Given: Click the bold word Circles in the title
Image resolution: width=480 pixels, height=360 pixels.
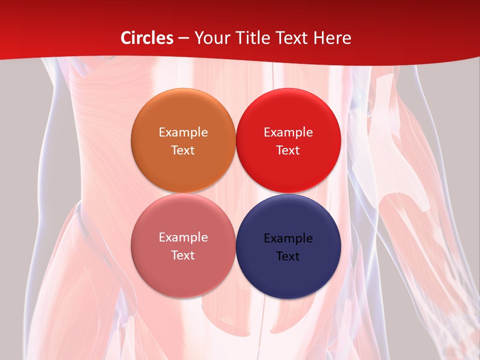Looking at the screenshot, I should click(x=147, y=38).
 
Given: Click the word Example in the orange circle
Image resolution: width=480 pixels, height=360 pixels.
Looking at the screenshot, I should click(x=183, y=132).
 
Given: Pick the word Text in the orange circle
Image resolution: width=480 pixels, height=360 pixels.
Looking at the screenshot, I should click(x=183, y=150).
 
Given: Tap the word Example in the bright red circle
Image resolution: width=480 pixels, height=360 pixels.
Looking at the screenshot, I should click(x=288, y=132).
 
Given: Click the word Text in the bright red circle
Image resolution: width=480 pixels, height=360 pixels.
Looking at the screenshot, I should click(x=288, y=150).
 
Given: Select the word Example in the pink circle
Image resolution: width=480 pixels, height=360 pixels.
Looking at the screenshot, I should click(x=183, y=237).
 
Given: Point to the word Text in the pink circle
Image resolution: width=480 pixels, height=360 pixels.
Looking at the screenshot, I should click(x=183, y=255).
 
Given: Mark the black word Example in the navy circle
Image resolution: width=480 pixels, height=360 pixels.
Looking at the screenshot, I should click(x=288, y=238).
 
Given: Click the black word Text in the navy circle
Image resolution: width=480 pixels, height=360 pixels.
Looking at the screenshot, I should click(x=288, y=256).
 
